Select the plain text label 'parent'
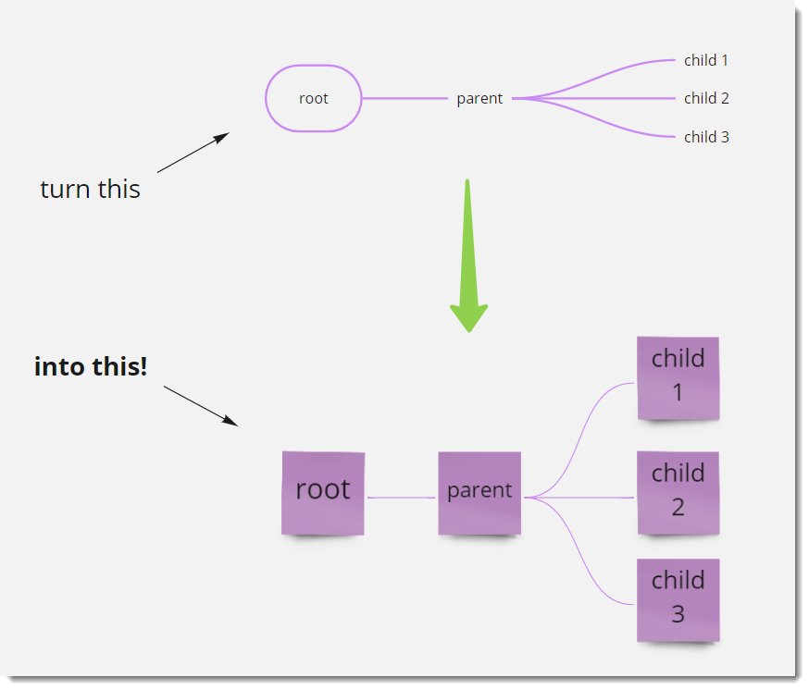click(479, 98)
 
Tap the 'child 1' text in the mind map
click(706, 60)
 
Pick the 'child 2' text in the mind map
click(706, 98)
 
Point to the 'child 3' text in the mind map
click(706, 137)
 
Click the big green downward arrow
click(468, 259)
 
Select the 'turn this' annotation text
click(90, 189)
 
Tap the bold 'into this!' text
click(91, 366)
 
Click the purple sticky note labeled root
click(323, 492)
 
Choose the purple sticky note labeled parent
click(479, 492)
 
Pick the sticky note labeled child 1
click(678, 377)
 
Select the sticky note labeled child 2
click(678, 492)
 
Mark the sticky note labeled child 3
click(678, 599)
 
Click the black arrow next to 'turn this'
click(193, 153)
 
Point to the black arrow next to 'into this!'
click(201, 406)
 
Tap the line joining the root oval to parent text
click(404, 98)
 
